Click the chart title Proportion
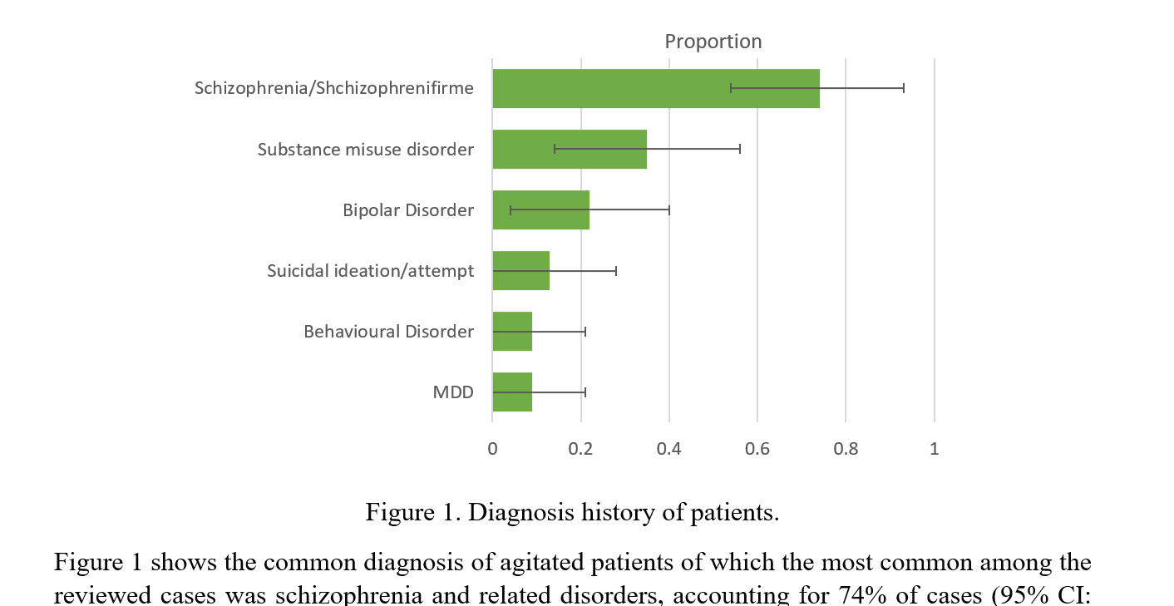pyautogui.click(x=713, y=42)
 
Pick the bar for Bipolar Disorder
pyautogui.click(x=540, y=210)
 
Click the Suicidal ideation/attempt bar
pyautogui.click(x=520, y=271)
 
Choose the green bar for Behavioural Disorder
pyautogui.click(x=512, y=332)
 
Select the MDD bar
pyautogui.click(x=512, y=392)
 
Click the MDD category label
pyautogui.click(x=453, y=392)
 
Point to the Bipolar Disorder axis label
pyautogui.click(x=407, y=210)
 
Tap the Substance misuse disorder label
pyautogui.click(x=365, y=150)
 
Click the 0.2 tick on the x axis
pyautogui.click(x=580, y=449)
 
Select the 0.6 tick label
pyautogui.click(x=757, y=449)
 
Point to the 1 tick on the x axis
pyautogui.click(x=934, y=449)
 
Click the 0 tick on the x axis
pyautogui.click(x=492, y=449)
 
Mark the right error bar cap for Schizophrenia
pyautogui.click(x=904, y=88)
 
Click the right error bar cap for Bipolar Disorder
pyautogui.click(x=668, y=210)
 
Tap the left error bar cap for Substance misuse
pyautogui.click(x=555, y=150)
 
